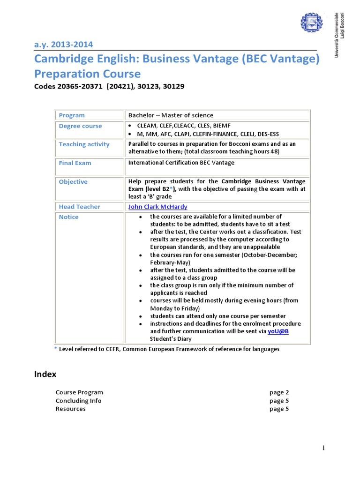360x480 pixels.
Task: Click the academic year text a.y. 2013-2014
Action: point(63,45)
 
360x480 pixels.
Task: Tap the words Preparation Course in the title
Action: point(87,74)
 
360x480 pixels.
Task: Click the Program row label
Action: point(72,115)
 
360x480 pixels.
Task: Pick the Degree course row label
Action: point(80,126)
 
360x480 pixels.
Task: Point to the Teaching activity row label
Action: point(84,144)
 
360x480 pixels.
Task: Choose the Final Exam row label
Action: point(75,163)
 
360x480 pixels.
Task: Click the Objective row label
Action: point(73,182)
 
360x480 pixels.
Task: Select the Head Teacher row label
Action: point(79,207)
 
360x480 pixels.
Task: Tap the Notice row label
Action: point(69,217)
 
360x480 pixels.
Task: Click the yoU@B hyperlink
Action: point(278,331)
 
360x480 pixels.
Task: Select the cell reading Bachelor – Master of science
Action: point(171,115)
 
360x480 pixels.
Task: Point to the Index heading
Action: point(45,374)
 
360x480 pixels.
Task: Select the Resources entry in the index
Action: point(71,409)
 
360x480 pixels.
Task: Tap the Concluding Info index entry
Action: point(78,401)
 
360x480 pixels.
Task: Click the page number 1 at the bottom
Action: point(323,449)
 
